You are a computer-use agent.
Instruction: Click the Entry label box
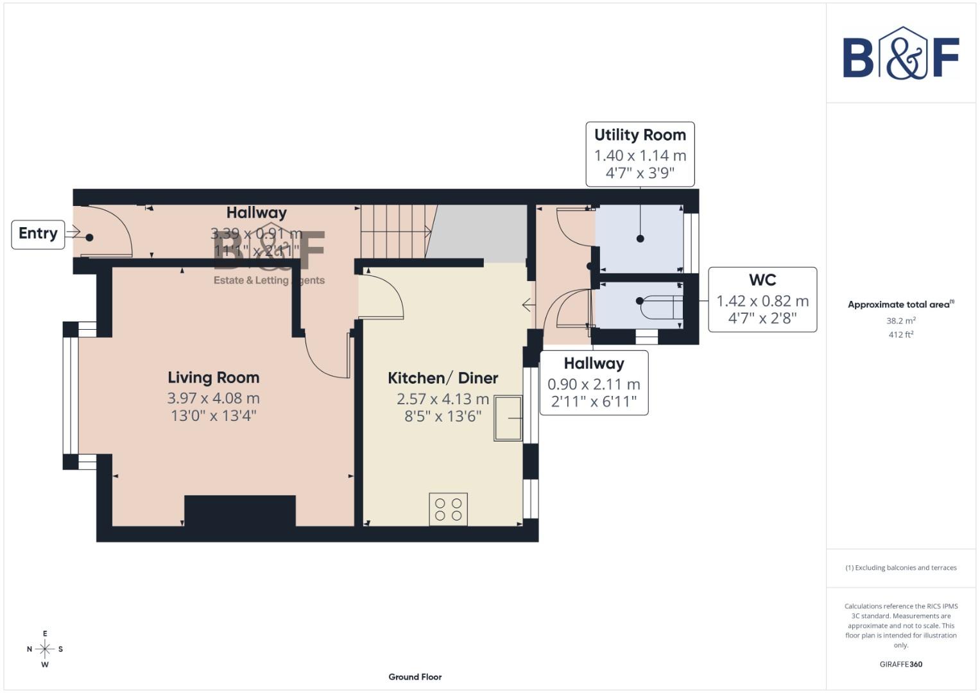(38, 234)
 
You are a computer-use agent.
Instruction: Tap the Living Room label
(213, 378)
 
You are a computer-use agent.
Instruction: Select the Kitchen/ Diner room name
(443, 378)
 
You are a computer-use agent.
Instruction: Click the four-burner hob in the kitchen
(448, 509)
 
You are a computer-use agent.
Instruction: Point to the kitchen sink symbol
(508, 418)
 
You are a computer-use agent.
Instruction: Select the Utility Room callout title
(640, 135)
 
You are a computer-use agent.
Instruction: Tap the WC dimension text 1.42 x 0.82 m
(762, 301)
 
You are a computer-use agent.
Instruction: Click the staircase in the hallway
(394, 231)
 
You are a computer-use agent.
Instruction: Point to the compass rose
(45, 649)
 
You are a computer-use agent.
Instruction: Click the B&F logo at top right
(900, 55)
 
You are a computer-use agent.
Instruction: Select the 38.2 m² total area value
(900, 321)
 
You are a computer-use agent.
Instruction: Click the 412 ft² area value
(900, 334)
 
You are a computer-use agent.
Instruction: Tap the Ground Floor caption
(415, 677)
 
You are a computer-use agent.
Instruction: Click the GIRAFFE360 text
(900, 664)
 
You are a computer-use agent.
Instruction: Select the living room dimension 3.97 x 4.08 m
(213, 398)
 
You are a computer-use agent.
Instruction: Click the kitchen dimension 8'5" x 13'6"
(443, 416)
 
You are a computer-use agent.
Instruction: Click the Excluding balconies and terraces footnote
(900, 568)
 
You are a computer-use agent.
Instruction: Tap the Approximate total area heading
(900, 305)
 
